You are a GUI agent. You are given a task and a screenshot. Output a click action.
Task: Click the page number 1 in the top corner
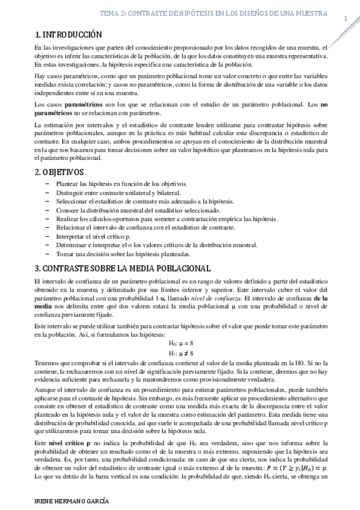pyautogui.click(x=346, y=19)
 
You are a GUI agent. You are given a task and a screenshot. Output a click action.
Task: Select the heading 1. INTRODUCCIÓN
pyautogui.click(x=68, y=34)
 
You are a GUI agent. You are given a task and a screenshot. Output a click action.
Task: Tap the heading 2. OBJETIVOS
pyautogui.click(x=60, y=172)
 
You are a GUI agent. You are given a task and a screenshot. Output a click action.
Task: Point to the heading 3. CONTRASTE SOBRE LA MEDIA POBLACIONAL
pyautogui.click(x=123, y=268)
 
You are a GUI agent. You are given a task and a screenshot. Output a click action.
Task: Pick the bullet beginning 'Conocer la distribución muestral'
pyautogui.click(x=138, y=210)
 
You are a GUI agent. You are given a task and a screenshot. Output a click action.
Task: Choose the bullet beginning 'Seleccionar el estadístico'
pyautogui.click(x=144, y=201)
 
